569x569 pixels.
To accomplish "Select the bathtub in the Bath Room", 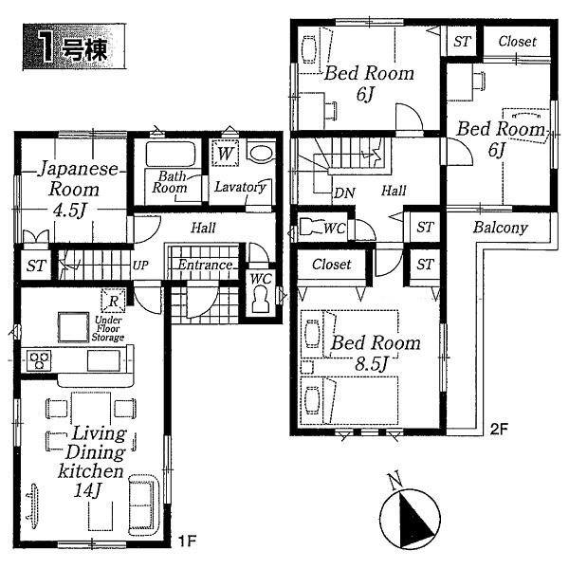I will [172, 155].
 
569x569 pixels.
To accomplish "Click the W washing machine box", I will [225, 153].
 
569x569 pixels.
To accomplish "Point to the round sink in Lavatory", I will [259, 153].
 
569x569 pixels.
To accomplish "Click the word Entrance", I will [205, 265].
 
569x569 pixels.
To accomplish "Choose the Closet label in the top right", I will [517, 42].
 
